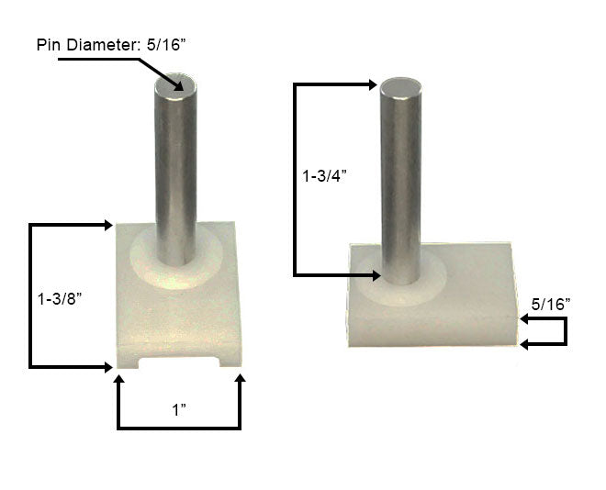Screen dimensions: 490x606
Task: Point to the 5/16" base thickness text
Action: [551, 302]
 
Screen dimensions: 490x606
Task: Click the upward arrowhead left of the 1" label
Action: [118, 382]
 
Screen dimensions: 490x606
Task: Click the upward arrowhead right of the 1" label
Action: [240, 382]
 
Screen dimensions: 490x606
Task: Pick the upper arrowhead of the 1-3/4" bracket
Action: [371, 84]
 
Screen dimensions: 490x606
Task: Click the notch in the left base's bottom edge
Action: [180, 366]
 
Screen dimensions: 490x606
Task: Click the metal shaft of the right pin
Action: [401, 184]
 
